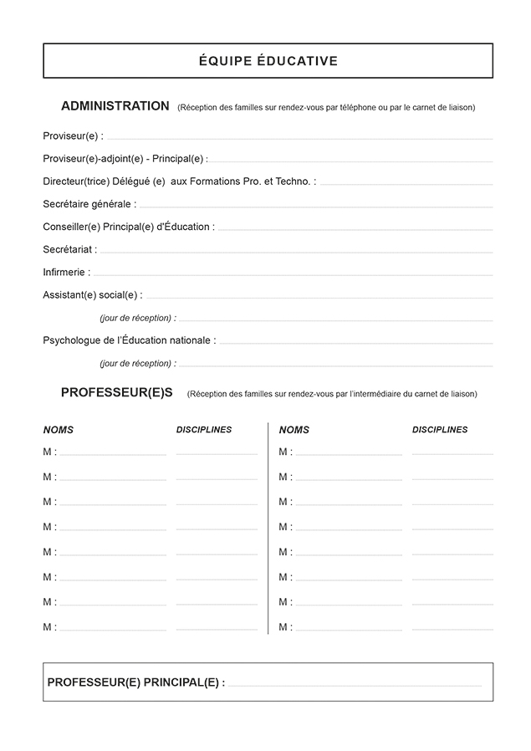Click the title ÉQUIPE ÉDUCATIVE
[x=268, y=61]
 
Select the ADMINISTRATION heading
[x=115, y=106]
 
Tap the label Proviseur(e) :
[x=73, y=136]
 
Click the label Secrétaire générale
[x=89, y=204]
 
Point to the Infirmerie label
[x=66, y=272]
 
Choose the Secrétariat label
[x=69, y=249]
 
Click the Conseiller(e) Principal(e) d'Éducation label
[x=128, y=227]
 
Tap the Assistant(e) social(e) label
[x=92, y=294]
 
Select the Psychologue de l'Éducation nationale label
[x=129, y=340]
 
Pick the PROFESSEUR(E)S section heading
[x=116, y=392]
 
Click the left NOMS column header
[x=59, y=430]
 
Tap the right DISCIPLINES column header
[x=440, y=430]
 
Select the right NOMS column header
[x=294, y=430]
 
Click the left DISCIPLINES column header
[x=204, y=430]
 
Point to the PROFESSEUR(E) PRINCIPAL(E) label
[x=135, y=682]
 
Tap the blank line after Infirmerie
[x=293, y=274]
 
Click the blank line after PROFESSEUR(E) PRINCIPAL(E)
[x=355, y=685]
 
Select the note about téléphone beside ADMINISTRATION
[x=326, y=108]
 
